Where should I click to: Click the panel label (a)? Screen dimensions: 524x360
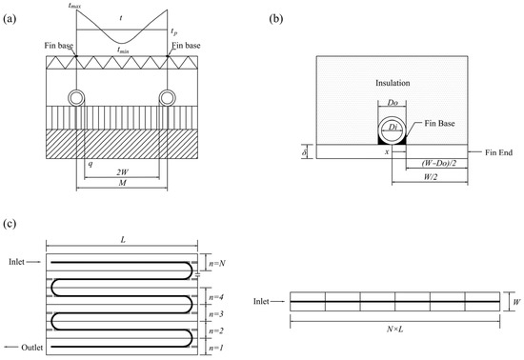click(10, 19)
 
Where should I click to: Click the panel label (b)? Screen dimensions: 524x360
click(276, 19)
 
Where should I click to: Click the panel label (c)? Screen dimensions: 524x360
click(10, 224)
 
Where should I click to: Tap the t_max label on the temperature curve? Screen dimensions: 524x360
click(74, 6)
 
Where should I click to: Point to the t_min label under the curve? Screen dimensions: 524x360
click(123, 50)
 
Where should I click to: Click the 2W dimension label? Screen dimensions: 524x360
click(122, 172)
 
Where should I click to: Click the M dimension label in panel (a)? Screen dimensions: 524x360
click(123, 183)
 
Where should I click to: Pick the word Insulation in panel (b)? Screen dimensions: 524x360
click(393, 83)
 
